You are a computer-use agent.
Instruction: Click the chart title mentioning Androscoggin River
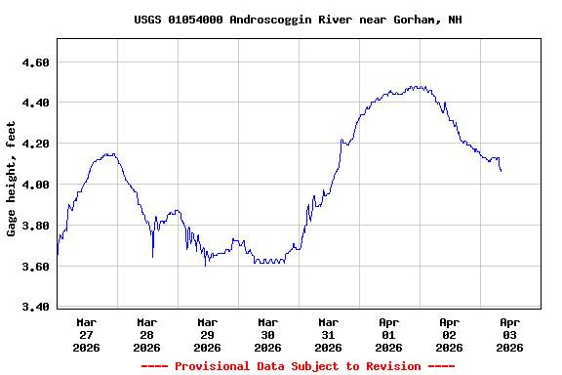pos(298,20)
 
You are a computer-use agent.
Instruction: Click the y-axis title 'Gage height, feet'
pos(12,179)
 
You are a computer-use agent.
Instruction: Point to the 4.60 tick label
pos(35,62)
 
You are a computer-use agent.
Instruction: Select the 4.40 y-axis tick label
pos(35,103)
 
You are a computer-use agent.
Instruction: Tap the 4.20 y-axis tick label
pos(35,144)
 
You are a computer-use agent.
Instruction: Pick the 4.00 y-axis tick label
pos(35,185)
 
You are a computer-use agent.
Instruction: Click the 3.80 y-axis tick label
pos(35,226)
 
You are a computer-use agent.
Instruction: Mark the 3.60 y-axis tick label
pos(35,266)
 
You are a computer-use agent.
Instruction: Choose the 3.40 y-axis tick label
pos(35,307)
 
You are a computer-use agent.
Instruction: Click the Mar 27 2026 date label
pos(86,334)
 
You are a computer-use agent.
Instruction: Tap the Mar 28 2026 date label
pos(146,334)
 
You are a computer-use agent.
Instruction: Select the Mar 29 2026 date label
pos(207,334)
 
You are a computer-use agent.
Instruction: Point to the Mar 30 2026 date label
pos(267,334)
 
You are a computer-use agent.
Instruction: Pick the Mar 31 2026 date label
pos(328,334)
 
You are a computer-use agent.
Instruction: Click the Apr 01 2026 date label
pos(388,334)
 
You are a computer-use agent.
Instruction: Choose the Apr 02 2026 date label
pos(449,334)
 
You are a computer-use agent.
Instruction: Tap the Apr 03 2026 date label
pos(509,334)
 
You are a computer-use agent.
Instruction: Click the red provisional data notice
pos(298,366)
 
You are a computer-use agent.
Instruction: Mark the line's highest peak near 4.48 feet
pos(417,87)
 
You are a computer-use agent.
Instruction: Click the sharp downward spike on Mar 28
pos(153,256)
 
